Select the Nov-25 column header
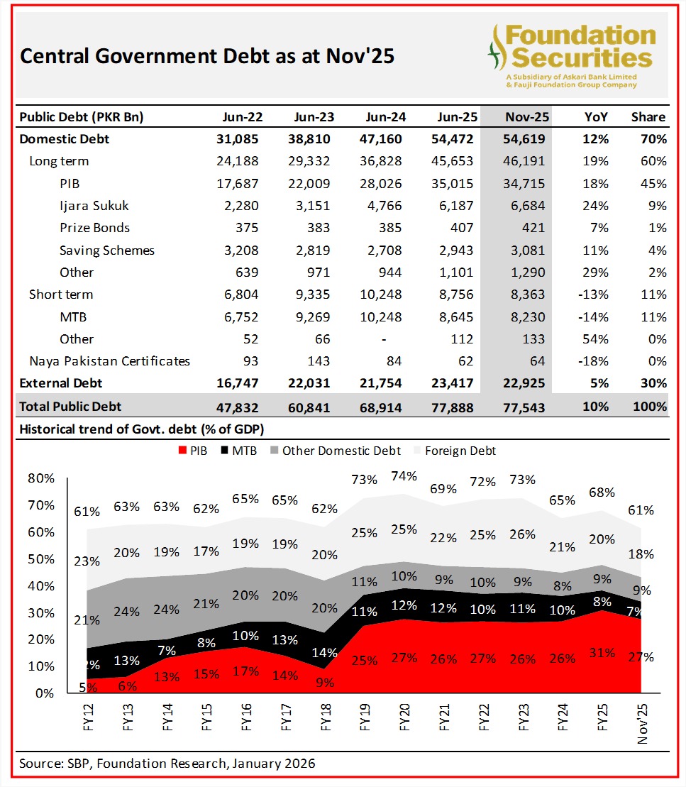point(525,117)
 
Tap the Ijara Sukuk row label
point(94,206)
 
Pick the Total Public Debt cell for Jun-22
point(238,407)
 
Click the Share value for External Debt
point(651,383)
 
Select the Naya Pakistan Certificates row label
point(109,361)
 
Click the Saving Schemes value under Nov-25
point(525,250)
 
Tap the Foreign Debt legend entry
point(459,451)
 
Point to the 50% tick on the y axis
point(41,559)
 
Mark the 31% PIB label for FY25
point(602,654)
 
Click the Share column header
point(648,117)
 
